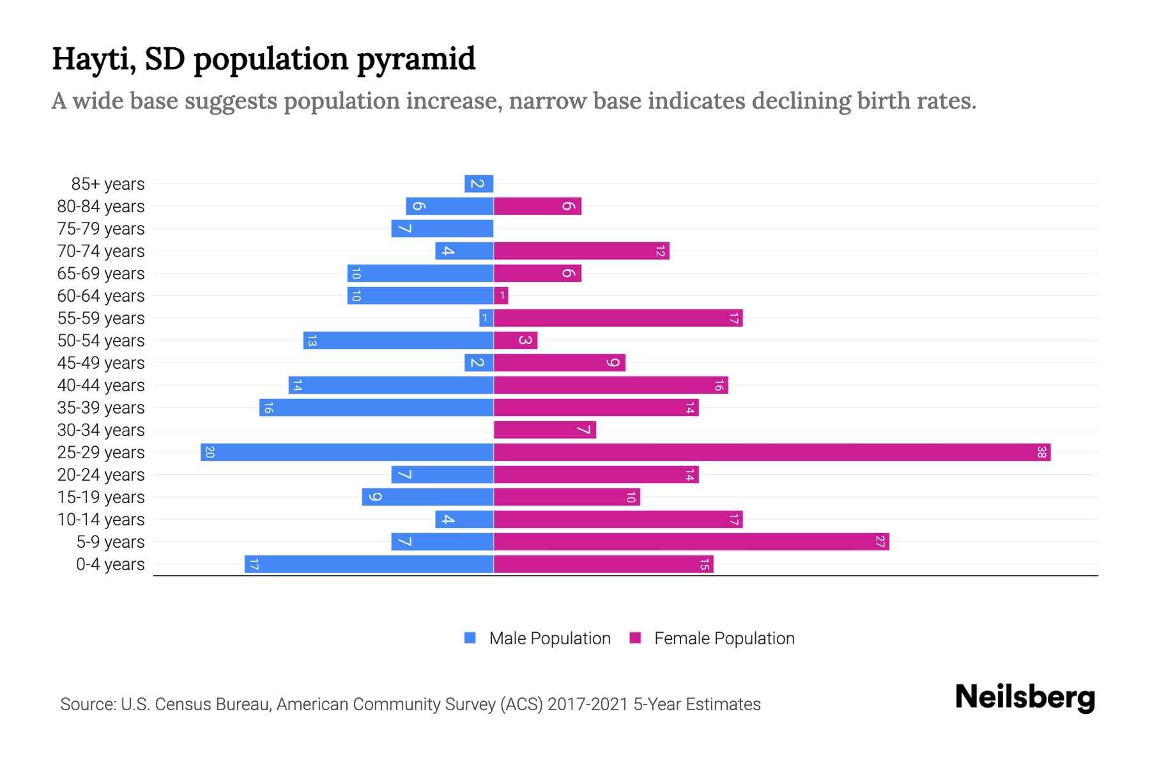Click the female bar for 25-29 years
772,453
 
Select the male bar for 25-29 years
347,453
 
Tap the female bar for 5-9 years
691,542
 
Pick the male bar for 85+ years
479,184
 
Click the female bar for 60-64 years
501,296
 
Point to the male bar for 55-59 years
486,318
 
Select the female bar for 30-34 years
544,430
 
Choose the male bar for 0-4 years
369,564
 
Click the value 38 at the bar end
1041,453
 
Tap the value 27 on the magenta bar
880,542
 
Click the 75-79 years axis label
101,229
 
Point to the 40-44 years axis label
101,385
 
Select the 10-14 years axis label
101,520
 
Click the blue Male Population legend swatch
470,638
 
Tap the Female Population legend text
724,639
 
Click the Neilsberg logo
1025,697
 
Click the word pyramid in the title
416,59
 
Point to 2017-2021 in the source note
588,704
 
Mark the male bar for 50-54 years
398,341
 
